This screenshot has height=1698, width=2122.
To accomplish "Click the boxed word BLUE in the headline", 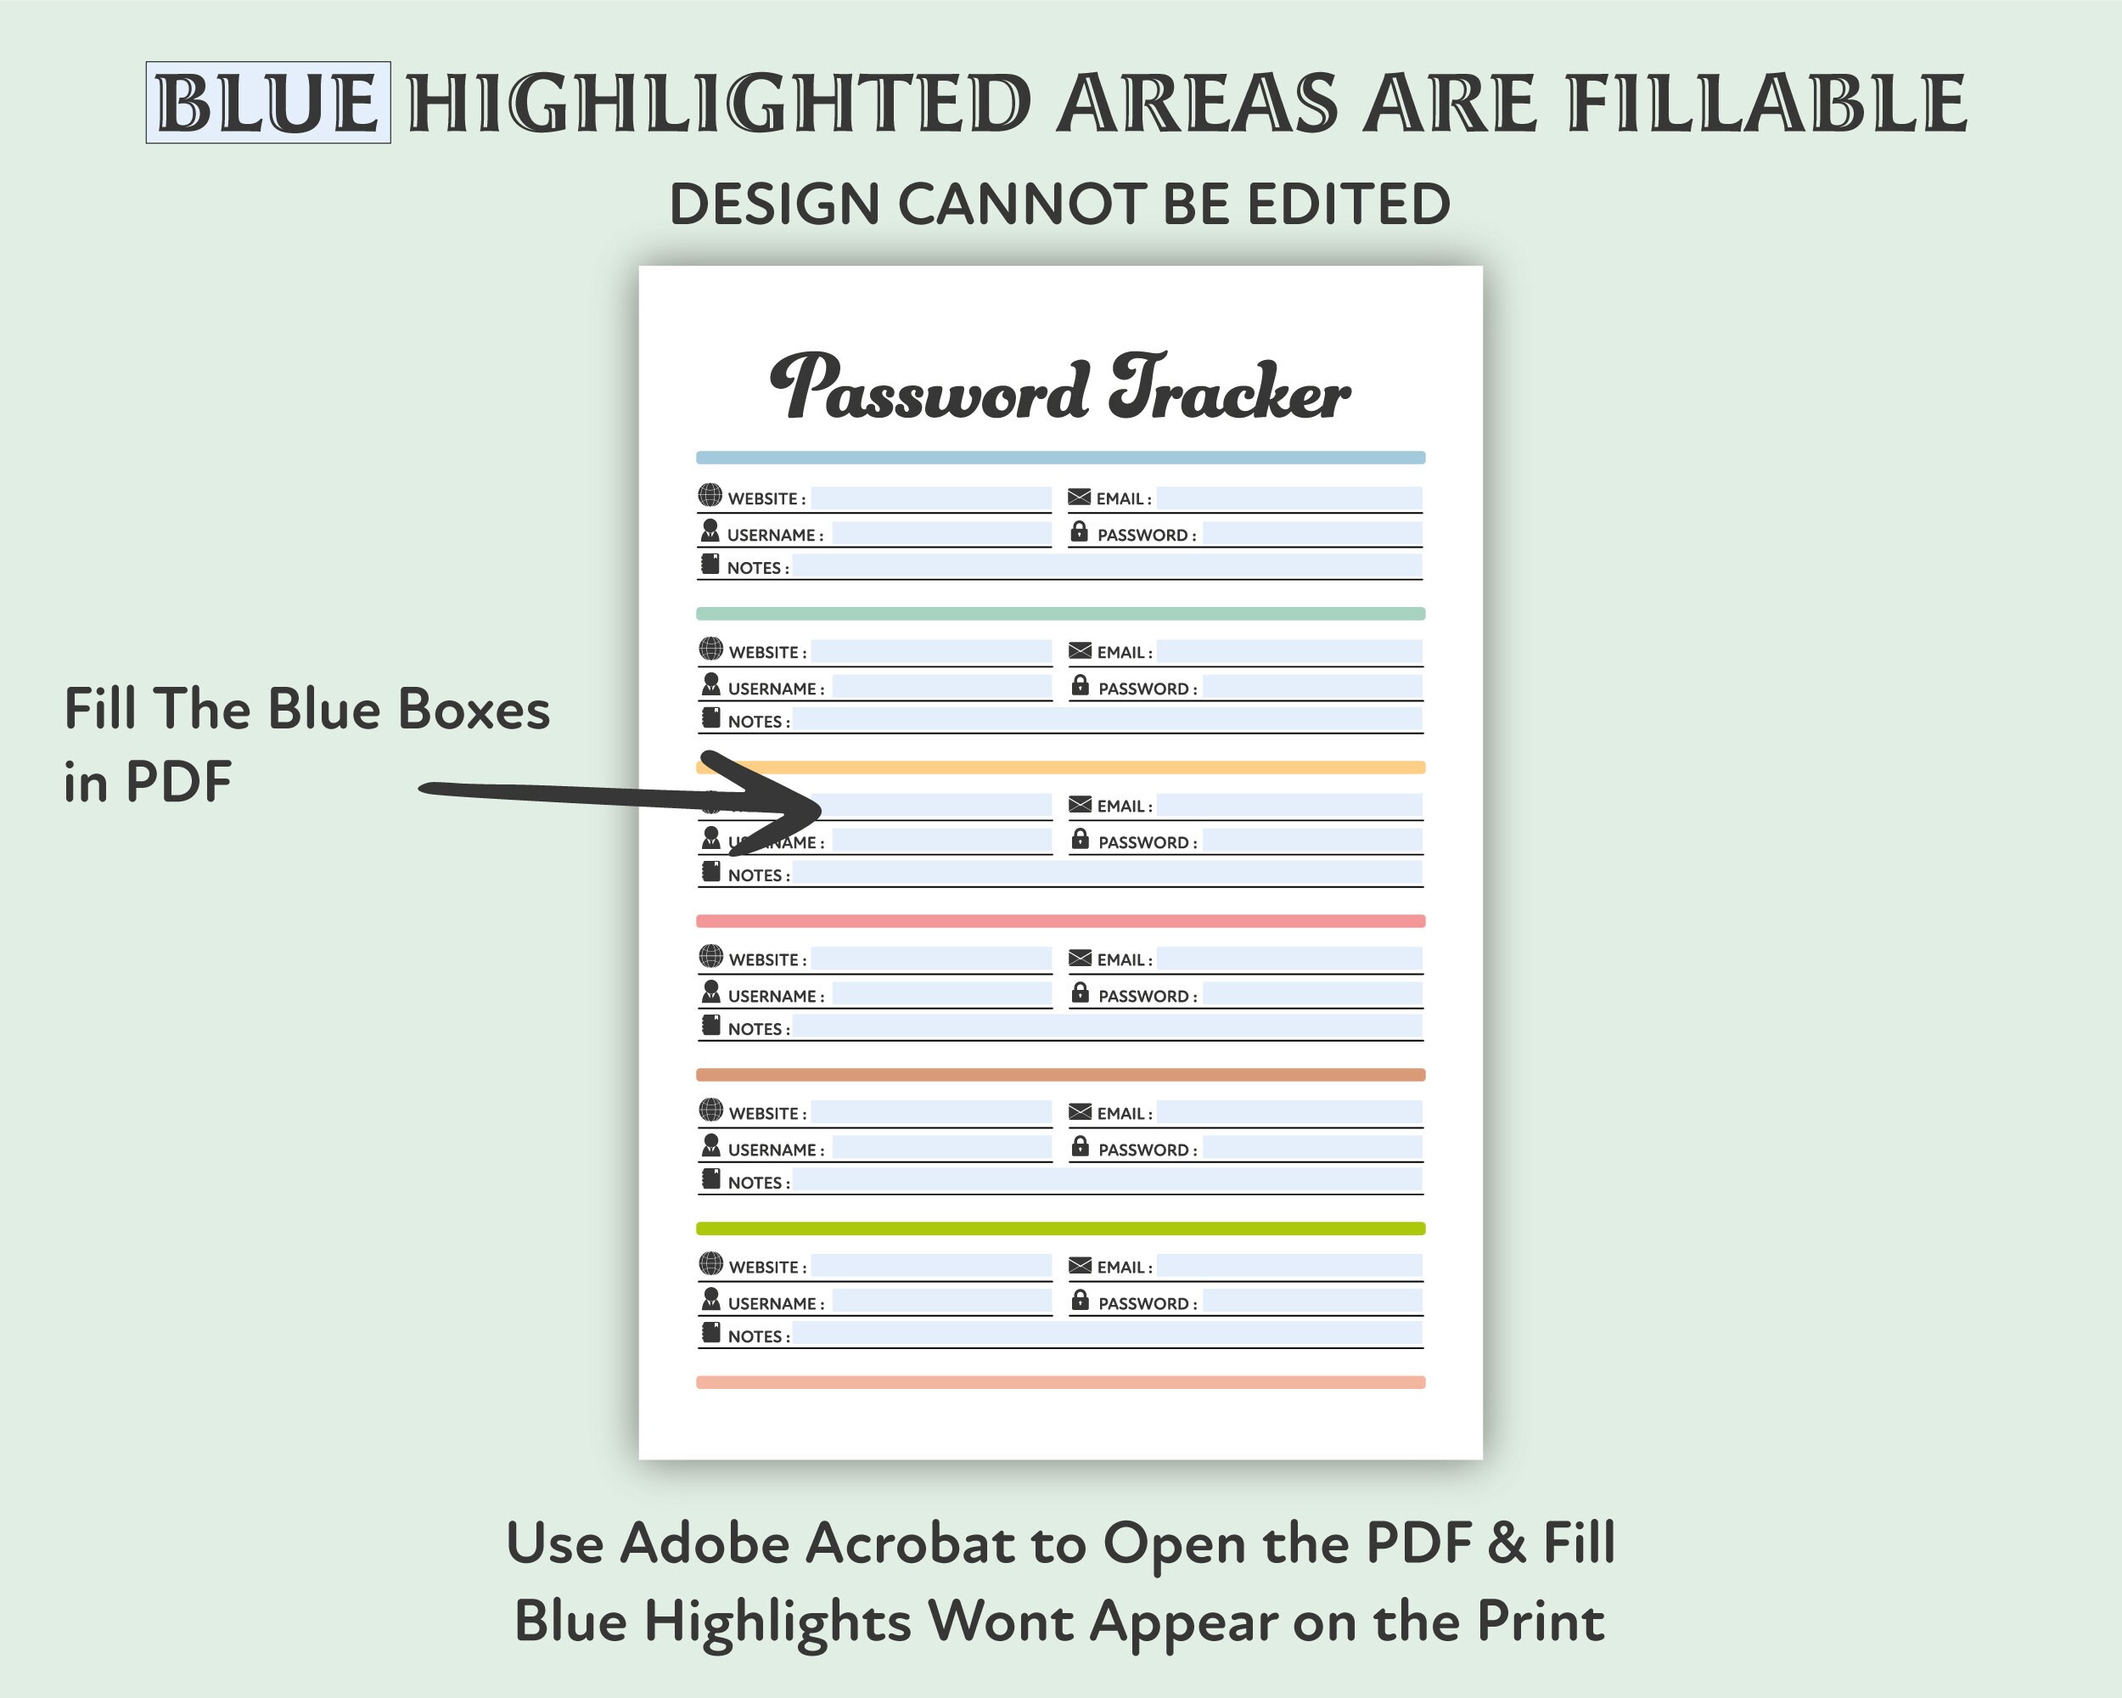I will [267, 103].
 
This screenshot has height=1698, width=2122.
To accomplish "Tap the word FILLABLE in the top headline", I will [1766, 103].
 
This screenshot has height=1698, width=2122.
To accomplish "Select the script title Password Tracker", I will [1060, 388].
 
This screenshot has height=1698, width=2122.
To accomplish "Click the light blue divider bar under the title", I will [1060, 458].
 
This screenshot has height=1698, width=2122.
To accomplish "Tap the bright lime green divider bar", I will [1060, 1229].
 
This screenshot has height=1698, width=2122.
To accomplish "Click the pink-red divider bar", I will [1060, 921].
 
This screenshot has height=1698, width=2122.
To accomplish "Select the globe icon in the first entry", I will [710, 495].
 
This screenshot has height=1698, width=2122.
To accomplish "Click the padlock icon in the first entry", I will [1079, 531].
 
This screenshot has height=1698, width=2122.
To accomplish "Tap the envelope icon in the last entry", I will [1080, 1265].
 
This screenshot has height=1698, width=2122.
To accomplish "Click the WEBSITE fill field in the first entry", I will [931, 498].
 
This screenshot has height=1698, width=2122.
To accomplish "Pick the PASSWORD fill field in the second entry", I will [1312, 686].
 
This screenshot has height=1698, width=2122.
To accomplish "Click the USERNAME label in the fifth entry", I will [776, 1150].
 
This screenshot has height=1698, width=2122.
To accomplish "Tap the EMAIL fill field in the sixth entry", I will [1289, 1266].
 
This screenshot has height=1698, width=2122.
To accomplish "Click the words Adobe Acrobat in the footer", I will [816, 1543].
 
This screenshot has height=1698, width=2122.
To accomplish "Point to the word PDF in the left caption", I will [178, 783].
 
